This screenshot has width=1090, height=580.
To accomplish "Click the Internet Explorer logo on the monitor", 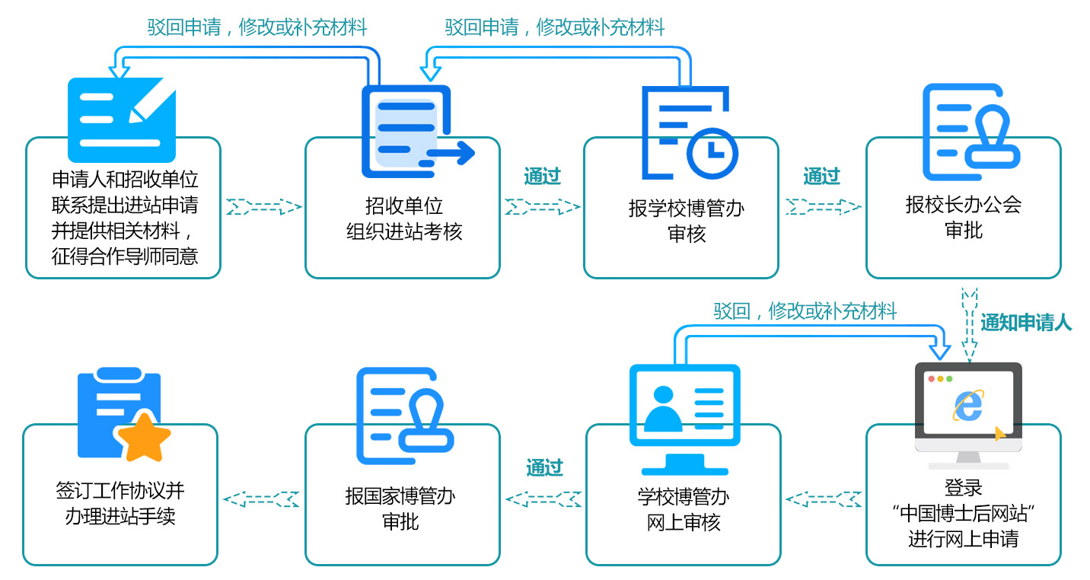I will coord(967,406).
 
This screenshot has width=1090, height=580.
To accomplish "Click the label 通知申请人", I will coord(1025,323).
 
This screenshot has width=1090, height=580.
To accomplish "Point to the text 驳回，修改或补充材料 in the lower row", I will coord(805,311).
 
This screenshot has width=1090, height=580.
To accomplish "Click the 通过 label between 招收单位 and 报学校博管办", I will coord(542,177).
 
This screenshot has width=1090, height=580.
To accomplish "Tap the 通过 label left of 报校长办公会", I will coord(821,177).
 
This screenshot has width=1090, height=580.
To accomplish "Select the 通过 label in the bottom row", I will coord(544,467).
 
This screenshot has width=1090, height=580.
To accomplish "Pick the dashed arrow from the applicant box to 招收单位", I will coord(263,206).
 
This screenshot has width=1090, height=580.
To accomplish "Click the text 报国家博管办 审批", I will coord(400,509).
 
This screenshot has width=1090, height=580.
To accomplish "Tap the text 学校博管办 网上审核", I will coord(683,509).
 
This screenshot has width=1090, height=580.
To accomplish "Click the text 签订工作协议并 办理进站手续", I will coord(120,503).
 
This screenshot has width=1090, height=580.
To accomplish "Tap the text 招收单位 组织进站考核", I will coord(403,218).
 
